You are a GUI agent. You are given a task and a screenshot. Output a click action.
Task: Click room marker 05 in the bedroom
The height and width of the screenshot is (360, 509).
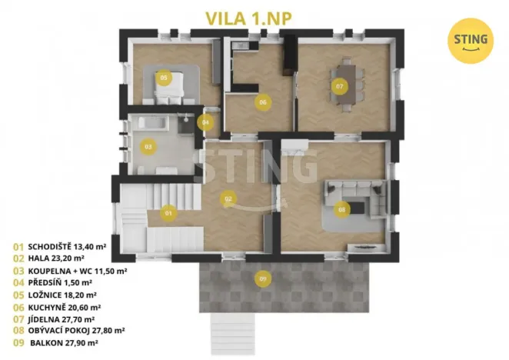pos(163,78)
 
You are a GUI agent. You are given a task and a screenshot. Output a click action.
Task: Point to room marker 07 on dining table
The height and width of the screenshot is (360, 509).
pos(339,86)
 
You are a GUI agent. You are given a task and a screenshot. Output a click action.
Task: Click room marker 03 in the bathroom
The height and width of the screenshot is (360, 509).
pos(148,145)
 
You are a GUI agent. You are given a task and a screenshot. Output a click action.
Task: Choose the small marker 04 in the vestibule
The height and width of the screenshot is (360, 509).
pos(205,122)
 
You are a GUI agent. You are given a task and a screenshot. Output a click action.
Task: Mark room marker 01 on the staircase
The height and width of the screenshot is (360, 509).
pos(168,212)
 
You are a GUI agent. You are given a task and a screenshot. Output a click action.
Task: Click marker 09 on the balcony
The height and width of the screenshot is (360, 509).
pos(263,278)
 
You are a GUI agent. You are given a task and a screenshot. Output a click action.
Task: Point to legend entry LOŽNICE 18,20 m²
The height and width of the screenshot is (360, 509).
pos(62,295)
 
